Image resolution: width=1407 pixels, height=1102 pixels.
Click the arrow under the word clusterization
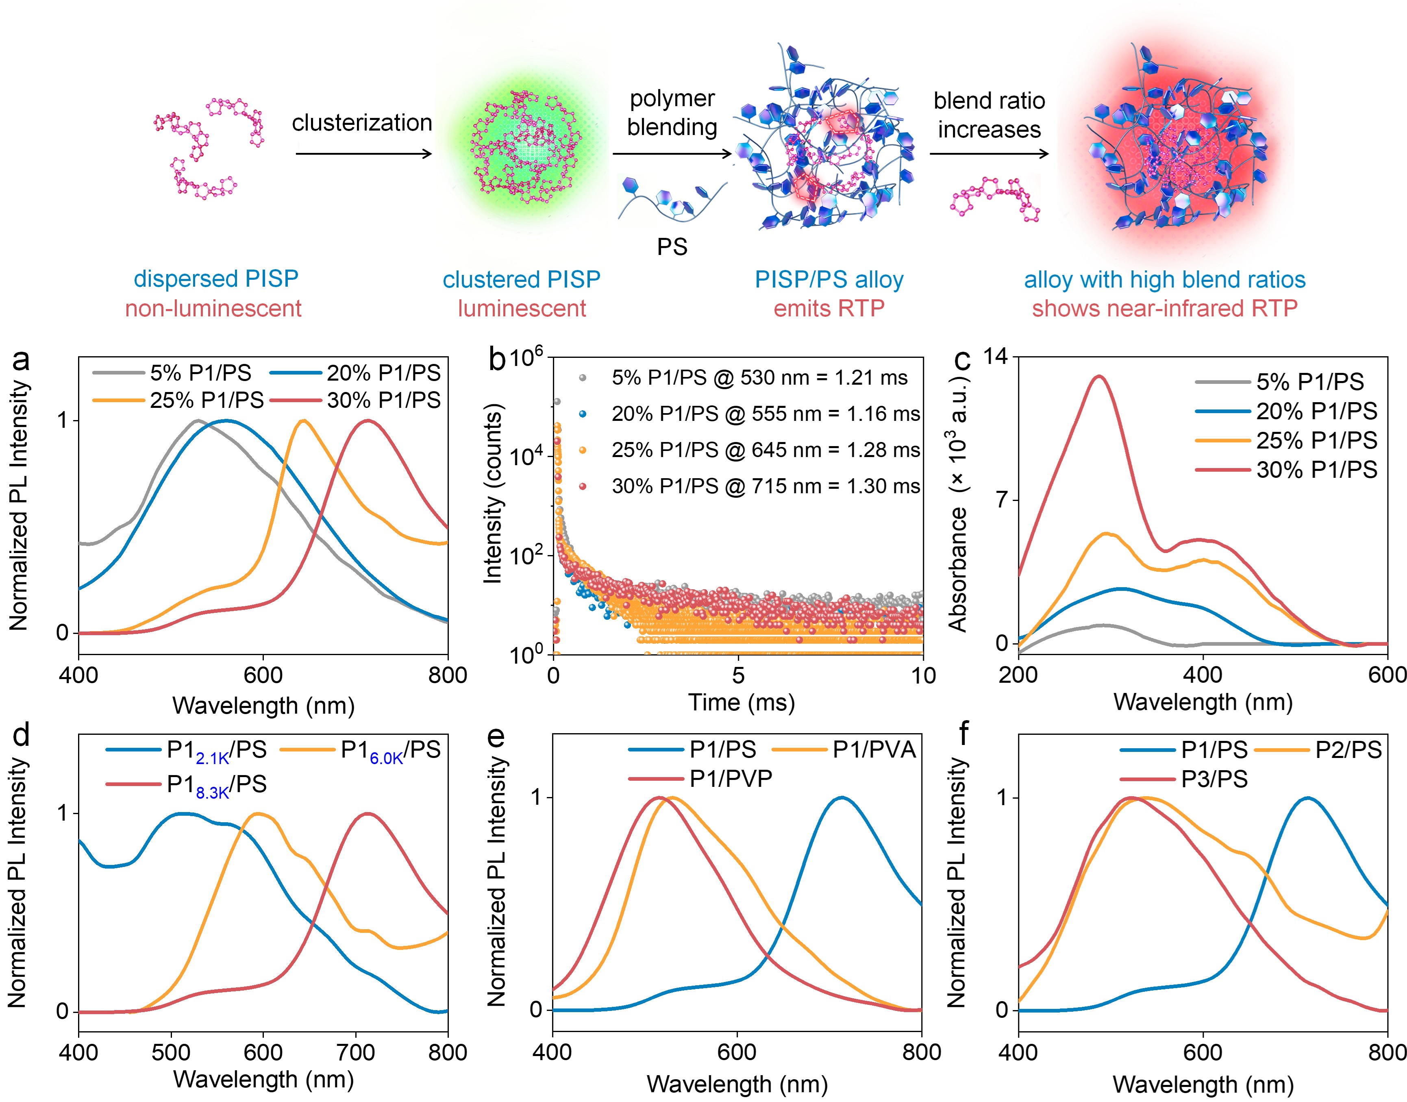[x=363, y=154]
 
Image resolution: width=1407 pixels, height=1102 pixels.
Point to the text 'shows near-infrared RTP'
[x=1164, y=308]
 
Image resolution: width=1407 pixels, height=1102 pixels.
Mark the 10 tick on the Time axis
[x=922, y=675]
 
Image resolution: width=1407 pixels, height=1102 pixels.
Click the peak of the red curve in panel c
[x=1098, y=377]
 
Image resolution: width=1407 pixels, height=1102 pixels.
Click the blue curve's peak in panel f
[x=1307, y=799]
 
